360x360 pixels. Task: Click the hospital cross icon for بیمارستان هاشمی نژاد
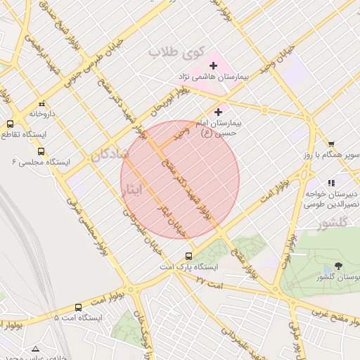click(213, 65)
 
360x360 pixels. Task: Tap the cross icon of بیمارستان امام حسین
click(218, 112)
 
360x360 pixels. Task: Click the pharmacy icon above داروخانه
click(41, 102)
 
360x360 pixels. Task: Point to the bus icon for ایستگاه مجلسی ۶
click(41, 150)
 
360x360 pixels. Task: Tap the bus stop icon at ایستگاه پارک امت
click(188, 256)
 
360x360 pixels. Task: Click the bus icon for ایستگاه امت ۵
click(77, 307)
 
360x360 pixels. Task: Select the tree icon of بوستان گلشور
click(338, 266)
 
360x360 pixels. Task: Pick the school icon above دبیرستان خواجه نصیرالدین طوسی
click(331, 184)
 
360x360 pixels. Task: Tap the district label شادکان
click(109, 157)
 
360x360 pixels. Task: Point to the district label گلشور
click(333, 224)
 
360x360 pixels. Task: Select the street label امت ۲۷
click(209, 281)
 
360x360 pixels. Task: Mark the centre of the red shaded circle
click(180, 180)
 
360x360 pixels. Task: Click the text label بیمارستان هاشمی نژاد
click(214, 78)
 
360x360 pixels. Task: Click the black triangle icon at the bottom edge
click(36, 349)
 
